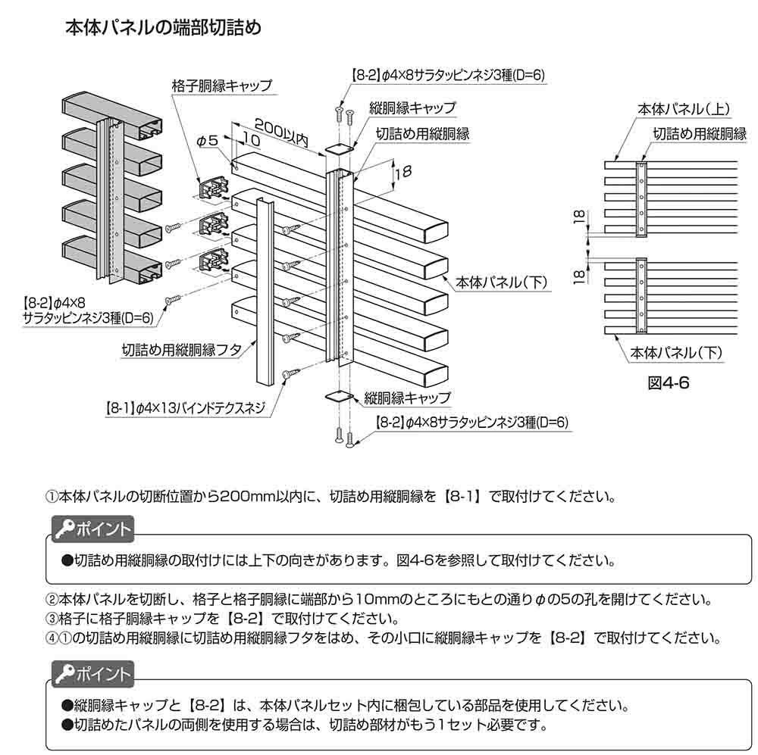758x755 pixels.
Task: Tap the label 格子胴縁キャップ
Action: point(221,86)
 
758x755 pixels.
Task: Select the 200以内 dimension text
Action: point(280,124)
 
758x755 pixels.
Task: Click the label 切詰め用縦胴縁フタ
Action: point(182,349)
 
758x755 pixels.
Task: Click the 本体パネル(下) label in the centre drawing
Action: point(503,283)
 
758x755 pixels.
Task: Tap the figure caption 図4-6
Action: point(668,383)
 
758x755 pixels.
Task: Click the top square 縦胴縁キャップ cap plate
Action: point(339,148)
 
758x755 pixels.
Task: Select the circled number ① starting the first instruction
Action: point(52,498)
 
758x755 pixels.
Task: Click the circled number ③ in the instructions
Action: point(52,618)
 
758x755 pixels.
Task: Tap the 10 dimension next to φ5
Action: point(252,140)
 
